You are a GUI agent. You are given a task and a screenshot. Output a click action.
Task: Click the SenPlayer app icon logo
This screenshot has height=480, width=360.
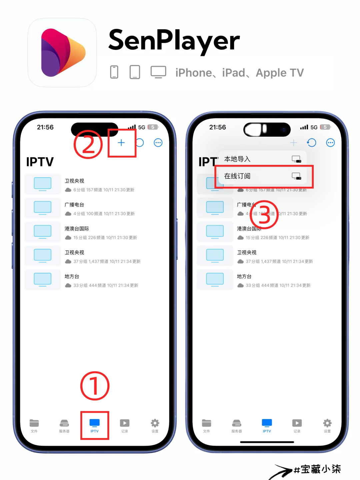[x=62, y=53]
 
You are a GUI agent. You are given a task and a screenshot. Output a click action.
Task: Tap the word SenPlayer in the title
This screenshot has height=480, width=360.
[x=174, y=41]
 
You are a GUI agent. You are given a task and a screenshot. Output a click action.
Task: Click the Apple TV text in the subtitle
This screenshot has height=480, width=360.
[x=280, y=73]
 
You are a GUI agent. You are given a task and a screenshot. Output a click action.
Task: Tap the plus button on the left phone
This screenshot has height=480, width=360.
[x=121, y=143]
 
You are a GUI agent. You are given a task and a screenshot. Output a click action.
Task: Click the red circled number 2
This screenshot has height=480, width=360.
[x=88, y=144]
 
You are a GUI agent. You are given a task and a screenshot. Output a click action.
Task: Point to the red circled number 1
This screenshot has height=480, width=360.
[x=95, y=386]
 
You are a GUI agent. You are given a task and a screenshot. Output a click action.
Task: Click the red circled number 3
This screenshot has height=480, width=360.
[x=264, y=215]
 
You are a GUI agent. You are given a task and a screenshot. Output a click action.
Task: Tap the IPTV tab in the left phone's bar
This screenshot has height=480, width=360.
[x=95, y=425]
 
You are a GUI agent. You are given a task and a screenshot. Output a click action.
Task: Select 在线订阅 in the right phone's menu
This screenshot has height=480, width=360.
[x=237, y=176]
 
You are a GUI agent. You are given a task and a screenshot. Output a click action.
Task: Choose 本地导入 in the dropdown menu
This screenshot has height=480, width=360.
[x=237, y=159]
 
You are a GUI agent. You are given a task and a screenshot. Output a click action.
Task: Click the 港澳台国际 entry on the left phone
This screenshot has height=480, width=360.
[x=77, y=229]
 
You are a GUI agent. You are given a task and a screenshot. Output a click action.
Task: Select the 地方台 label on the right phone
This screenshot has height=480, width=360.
[x=244, y=276]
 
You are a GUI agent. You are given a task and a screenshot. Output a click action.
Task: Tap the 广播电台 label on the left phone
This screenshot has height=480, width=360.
[x=74, y=205]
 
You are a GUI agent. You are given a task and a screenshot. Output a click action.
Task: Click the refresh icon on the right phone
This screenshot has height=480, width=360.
[x=311, y=143]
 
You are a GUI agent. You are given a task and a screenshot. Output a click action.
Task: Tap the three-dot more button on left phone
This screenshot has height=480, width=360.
[x=158, y=143]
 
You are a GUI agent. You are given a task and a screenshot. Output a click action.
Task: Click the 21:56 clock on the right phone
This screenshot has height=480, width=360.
[x=217, y=127]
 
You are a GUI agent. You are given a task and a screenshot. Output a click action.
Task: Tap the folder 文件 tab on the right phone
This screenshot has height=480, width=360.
[x=207, y=425]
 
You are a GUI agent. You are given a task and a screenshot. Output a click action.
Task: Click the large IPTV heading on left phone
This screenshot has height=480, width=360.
[x=40, y=162]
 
